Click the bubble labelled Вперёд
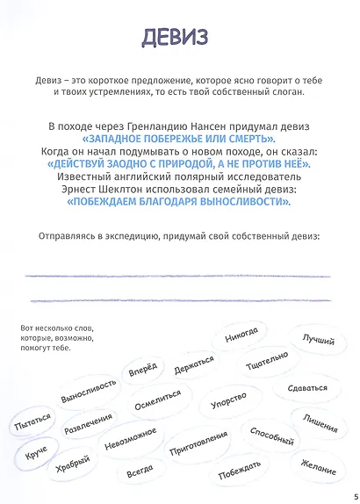point(143,371)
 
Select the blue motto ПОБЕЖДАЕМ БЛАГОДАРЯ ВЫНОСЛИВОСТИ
point(179,201)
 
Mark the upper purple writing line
point(179,277)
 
